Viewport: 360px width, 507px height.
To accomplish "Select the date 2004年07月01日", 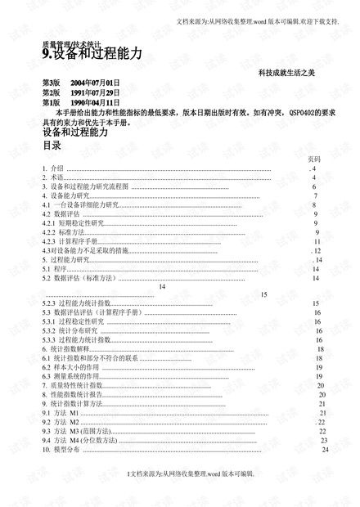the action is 96,83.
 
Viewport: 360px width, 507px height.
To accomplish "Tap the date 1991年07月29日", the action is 96,93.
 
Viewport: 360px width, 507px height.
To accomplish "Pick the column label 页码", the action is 314,159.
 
